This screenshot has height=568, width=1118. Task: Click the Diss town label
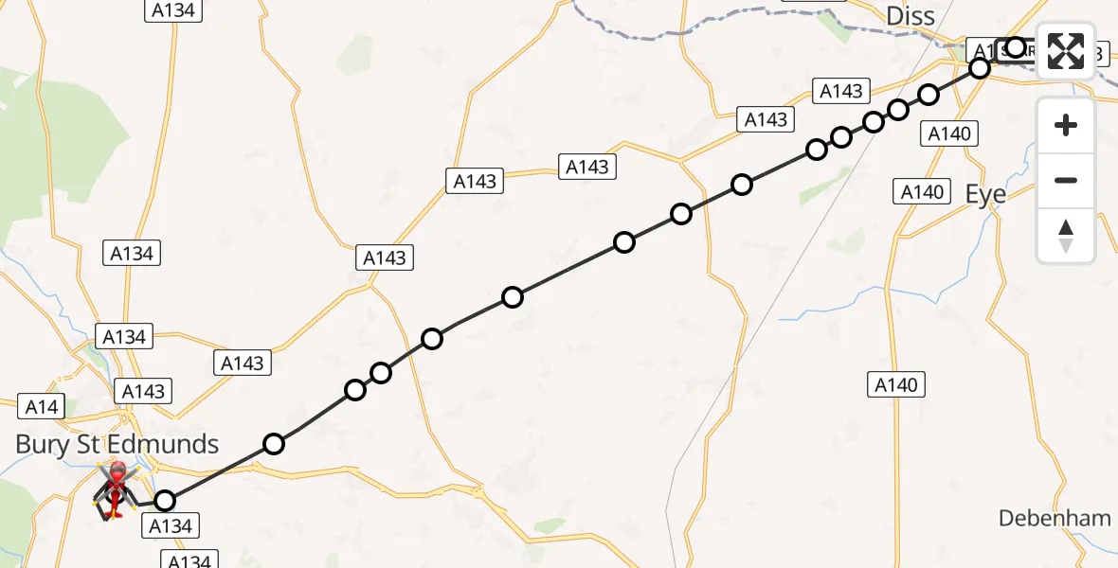coord(910,15)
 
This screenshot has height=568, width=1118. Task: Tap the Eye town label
coord(985,194)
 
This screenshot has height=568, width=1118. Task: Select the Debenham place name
coord(1055,518)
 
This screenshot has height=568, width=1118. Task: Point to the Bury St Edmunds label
coord(117,444)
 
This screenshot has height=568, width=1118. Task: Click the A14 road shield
coord(42,407)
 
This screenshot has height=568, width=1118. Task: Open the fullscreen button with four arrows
coord(1066,50)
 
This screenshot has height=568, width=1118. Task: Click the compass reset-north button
coord(1066,236)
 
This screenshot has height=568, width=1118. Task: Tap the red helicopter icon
coord(117,488)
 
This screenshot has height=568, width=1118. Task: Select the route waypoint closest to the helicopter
coord(165,501)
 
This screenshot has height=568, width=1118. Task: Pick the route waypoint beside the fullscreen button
coord(1016,47)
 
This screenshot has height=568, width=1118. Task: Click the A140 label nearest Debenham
coord(895,384)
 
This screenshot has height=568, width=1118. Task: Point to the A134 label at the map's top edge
coord(171,9)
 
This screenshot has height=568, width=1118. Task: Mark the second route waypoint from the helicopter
coord(274,444)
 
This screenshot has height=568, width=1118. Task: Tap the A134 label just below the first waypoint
coord(171,526)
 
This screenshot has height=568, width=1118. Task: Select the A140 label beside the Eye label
coord(921,192)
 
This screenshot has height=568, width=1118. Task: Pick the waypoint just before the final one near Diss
coord(980,68)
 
